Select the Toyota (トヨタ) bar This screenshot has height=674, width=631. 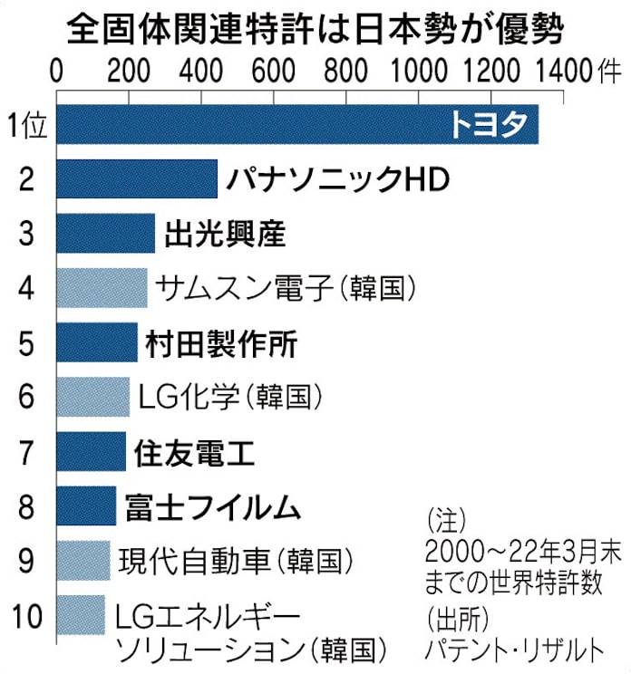(297, 124)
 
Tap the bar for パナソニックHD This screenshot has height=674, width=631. (137, 178)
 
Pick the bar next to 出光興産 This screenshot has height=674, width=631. (106, 234)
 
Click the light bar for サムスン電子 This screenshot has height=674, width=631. (102, 288)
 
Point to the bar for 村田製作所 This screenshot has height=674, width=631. (97, 342)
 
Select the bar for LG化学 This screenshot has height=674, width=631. (93, 397)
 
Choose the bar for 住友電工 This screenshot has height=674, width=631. (92, 451)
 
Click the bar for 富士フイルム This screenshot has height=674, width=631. (87, 505)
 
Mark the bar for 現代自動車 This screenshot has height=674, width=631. (83, 560)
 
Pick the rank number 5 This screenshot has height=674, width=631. (25, 343)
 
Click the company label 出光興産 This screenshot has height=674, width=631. (226, 234)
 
